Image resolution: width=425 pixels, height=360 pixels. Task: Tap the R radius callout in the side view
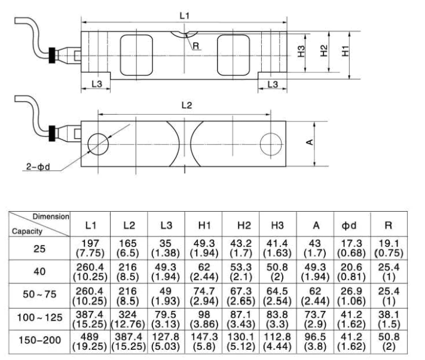point(195,44)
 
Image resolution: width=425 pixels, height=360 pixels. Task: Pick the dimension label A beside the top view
point(309,142)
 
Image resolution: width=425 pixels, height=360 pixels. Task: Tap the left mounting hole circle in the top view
point(97,143)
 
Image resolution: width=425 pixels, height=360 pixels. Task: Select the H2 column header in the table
point(242,225)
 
